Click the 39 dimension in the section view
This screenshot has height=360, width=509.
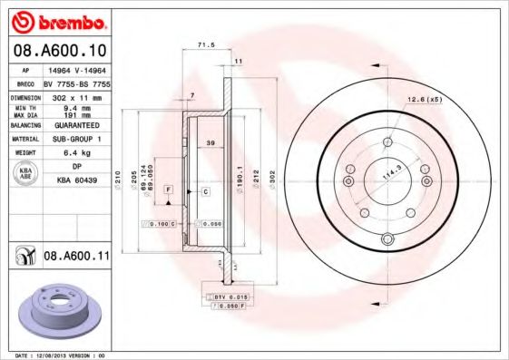point(210,143)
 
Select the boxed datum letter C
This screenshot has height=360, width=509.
point(205,192)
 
